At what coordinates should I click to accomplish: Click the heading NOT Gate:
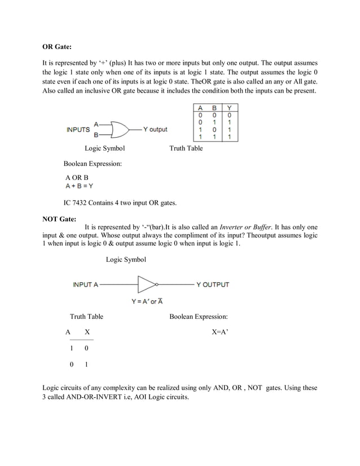click(60, 219)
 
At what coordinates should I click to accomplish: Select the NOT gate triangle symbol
click(147, 284)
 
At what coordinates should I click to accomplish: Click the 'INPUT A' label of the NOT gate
click(85, 284)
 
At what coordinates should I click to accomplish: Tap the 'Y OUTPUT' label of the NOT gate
click(212, 284)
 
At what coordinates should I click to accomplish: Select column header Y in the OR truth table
click(230, 108)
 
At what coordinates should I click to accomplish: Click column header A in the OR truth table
click(200, 108)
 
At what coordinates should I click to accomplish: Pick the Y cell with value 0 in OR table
click(230, 115)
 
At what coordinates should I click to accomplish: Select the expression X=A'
click(219, 333)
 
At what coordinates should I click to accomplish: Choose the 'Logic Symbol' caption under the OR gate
click(104, 148)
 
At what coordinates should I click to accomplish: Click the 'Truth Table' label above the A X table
click(86, 317)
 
